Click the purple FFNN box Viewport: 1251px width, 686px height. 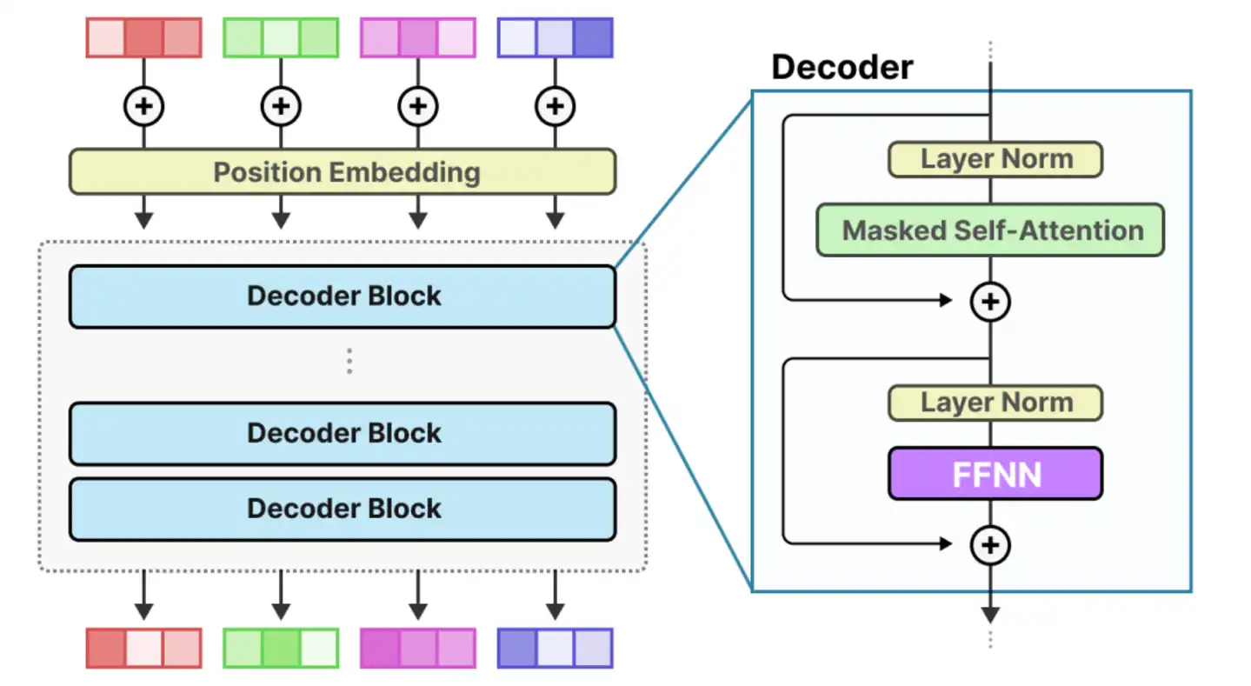coord(995,474)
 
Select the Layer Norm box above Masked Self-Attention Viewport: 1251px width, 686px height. coord(995,159)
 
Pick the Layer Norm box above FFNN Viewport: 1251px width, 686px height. coord(995,403)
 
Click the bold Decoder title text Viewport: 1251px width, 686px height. coord(842,67)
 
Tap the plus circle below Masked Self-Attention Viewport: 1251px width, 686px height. coord(990,302)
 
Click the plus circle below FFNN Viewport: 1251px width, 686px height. coord(990,545)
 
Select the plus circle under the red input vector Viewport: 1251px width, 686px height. coord(143,107)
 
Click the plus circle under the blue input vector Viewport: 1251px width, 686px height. coord(555,107)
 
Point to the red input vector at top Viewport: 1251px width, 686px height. coord(143,38)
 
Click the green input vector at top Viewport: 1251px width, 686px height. coord(281,38)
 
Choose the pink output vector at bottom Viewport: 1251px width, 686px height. coord(417,648)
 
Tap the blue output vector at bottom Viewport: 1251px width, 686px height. coord(555,648)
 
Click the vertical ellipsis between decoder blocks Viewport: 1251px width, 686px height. coord(349,361)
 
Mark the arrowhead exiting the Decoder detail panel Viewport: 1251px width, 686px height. coord(990,614)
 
